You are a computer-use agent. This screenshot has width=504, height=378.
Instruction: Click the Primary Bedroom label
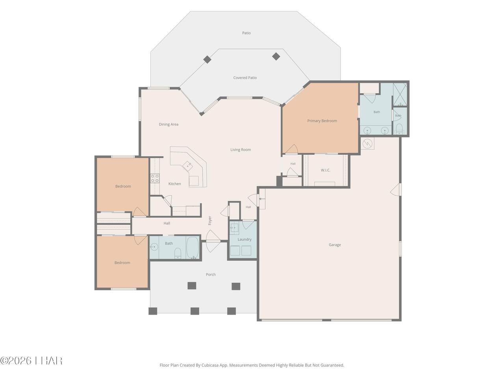[x=322, y=121]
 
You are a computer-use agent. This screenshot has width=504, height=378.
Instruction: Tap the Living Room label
[x=241, y=150]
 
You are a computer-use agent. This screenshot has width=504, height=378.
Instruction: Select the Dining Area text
[x=169, y=124]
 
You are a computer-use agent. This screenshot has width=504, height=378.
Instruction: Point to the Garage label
[x=335, y=245]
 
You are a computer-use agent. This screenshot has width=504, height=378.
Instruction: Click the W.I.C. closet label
[x=325, y=170]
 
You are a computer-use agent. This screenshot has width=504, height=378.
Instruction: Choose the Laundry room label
[x=244, y=239]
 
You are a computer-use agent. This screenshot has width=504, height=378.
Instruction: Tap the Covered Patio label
[x=245, y=78]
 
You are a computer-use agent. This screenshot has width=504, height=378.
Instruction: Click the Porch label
[x=211, y=274]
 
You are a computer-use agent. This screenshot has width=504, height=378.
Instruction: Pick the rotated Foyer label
[x=209, y=220]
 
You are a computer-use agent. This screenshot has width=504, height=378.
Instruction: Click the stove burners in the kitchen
[x=155, y=178]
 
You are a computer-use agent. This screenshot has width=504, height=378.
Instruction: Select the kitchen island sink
[x=187, y=166]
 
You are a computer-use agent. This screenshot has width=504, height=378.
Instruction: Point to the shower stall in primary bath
[x=400, y=94]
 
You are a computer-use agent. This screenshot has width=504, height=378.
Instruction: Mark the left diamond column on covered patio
[x=207, y=59]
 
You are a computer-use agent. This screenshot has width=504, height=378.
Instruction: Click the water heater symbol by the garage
[x=367, y=144]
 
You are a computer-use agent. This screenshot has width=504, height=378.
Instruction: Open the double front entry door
[x=213, y=241]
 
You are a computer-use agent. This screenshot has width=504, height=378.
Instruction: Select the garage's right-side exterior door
[x=396, y=190]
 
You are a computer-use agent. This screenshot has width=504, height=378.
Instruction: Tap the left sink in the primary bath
[x=367, y=131]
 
